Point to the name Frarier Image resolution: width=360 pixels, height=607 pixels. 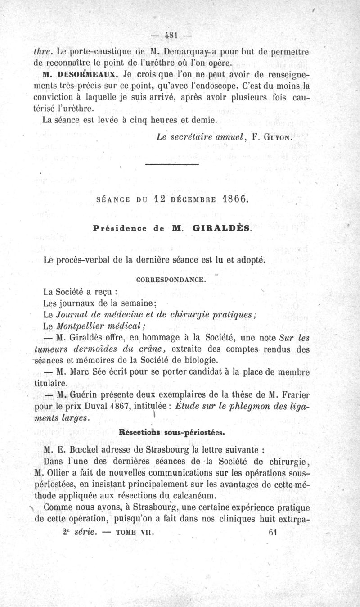(295, 395)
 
